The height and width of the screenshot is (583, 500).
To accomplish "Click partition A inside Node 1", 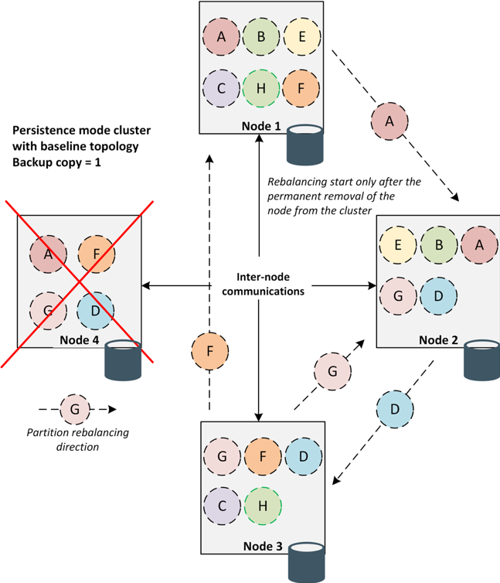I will (x=223, y=36).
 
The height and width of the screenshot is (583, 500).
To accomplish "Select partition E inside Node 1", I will (x=301, y=36).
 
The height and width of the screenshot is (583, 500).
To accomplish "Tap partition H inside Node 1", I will (x=261, y=88).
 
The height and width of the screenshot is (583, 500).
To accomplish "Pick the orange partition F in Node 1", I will (x=301, y=88).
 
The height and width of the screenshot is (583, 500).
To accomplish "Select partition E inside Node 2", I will (x=398, y=245).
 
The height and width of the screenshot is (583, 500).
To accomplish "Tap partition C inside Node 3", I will (x=223, y=506).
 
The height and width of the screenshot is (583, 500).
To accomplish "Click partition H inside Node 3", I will (x=263, y=506).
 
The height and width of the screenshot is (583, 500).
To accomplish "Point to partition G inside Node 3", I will (x=223, y=455).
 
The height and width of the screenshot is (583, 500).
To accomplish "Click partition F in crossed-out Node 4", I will (x=97, y=253).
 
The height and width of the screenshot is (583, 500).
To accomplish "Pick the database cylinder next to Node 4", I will (x=123, y=360).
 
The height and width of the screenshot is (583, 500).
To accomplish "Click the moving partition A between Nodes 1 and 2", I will (x=389, y=121).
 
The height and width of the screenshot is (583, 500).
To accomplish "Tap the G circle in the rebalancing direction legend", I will (x=74, y=408).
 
